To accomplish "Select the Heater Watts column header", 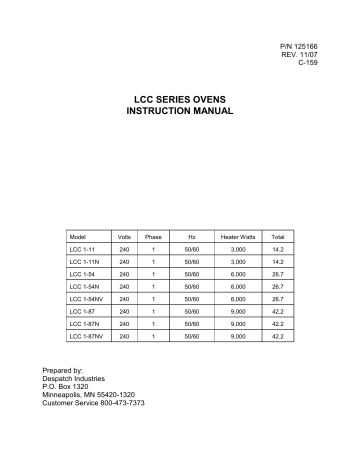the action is click(237, 236).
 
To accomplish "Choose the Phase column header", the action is click(153, 236).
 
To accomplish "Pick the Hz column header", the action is click(192, 236).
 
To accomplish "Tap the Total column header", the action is click(278, 236).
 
